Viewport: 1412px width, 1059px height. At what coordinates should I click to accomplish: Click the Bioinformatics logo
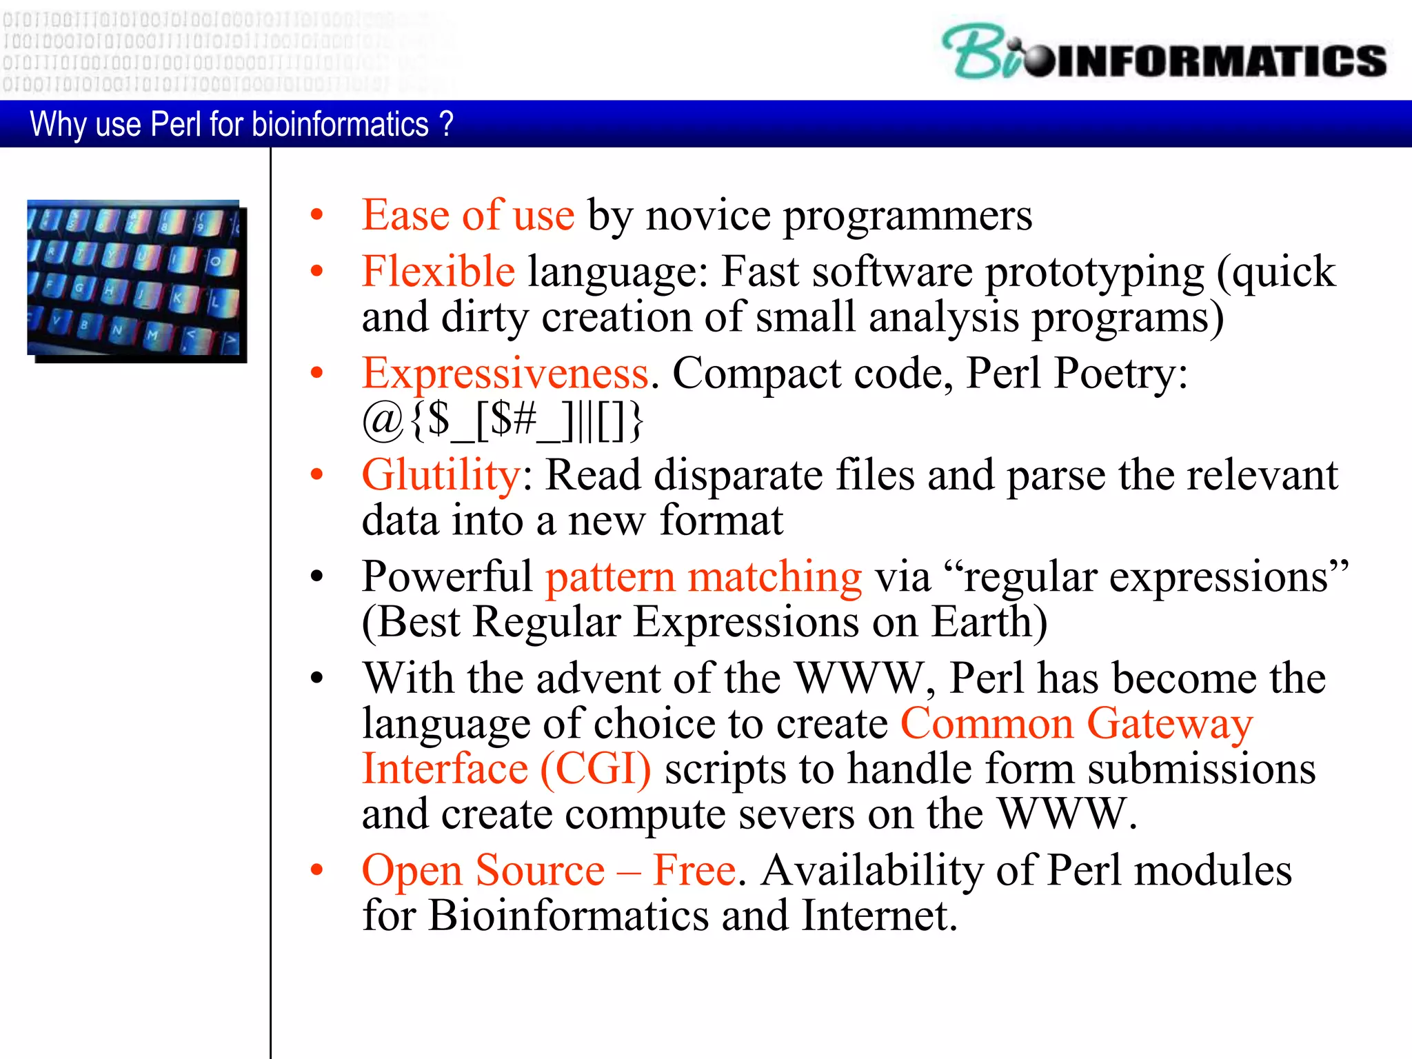[1164, 54]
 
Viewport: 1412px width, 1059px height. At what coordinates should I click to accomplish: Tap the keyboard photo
[135, 280]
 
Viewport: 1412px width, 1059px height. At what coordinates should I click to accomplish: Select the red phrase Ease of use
[468, 215]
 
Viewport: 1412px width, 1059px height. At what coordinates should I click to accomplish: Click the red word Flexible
[438, 271]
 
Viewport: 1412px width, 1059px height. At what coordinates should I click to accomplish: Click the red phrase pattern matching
[703, 576]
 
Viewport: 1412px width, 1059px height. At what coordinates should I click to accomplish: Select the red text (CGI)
[595, 769]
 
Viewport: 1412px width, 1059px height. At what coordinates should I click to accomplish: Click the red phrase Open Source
[483, 870]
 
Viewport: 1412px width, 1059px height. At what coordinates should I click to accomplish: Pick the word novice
[707, 215]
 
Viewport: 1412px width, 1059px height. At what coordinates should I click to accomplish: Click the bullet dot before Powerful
[316, 576]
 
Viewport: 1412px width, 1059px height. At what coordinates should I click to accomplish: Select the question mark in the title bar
[446, 124]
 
